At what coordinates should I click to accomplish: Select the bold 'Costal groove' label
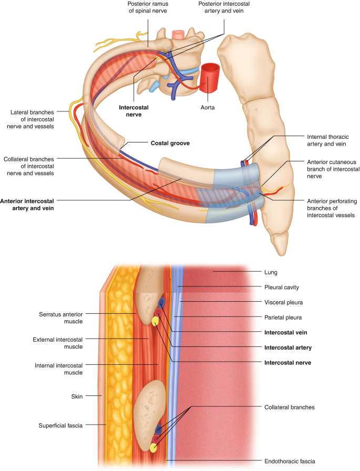tap(170, 143)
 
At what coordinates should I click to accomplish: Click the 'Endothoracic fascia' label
tap(290, 461)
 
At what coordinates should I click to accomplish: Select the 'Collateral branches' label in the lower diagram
tap(288, 407)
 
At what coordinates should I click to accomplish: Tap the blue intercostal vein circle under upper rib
tap(162, 302)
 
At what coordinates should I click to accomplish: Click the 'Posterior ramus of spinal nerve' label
tap(146, 9)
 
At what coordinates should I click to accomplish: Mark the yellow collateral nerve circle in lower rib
tap(153, 448)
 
